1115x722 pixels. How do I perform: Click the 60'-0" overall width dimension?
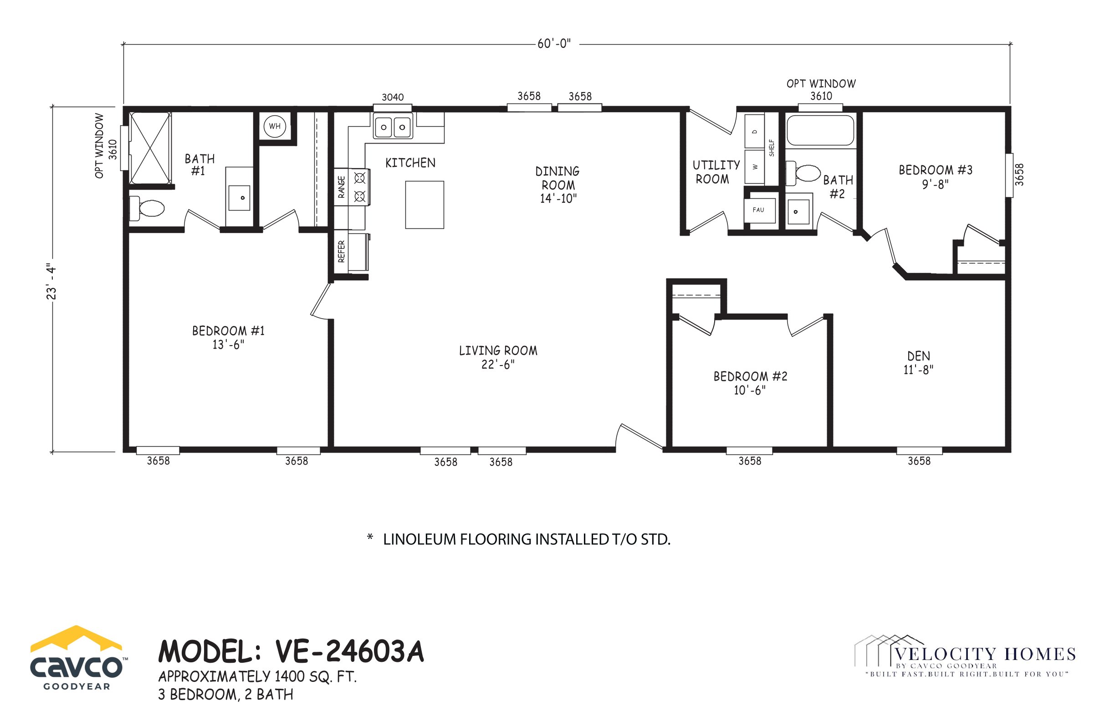[x=554, y=44]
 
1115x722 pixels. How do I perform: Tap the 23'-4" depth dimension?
[x=51, y=281]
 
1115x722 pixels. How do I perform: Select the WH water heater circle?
[x=275, y=126]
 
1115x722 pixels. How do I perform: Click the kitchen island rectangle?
[x=425, y=205]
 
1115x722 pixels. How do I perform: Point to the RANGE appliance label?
[x=342, y=186]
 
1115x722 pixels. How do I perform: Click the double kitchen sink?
[x=393, y=127]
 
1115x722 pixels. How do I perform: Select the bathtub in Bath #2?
[x=820, y=130]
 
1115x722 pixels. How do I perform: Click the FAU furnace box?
[x=759, y=211]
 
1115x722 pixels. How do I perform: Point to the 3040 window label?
[x=393, y=97]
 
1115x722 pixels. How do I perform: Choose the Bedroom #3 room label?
[x=936, y=176]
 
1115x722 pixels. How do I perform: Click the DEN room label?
[x=918, y=362]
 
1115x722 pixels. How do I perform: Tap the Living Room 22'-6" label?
[x=498, y=357]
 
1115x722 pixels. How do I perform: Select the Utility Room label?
[x=716, y=171]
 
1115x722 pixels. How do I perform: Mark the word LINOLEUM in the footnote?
[x=420, y=540]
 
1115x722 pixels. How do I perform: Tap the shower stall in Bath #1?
[x=150, y=148]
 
